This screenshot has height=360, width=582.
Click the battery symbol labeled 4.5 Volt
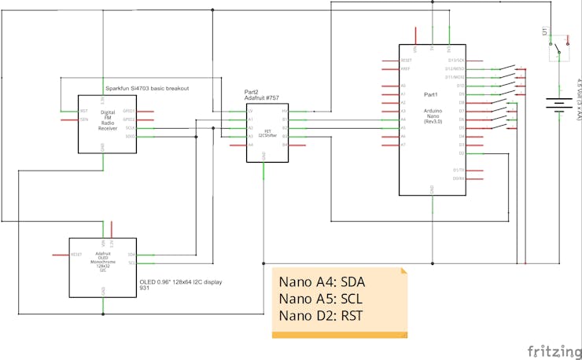(558, 105)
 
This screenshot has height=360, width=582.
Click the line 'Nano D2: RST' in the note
(321, 317)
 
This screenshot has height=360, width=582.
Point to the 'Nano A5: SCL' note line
(322, 299)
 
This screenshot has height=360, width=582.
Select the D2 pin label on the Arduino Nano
(461, 153)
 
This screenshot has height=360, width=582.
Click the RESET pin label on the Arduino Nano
(407, 60)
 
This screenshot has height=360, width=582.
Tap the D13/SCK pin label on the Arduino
(456, 60)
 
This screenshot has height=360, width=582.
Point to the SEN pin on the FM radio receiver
(83, 119)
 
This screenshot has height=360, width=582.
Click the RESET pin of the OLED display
(77, 255)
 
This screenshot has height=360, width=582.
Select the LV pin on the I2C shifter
(251, 111)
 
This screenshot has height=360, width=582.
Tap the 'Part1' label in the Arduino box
(430, 94)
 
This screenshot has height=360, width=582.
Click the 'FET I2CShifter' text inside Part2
(263, 130)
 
